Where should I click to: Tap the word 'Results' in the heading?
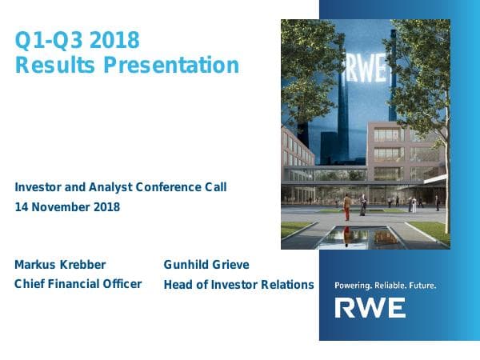(51, 65)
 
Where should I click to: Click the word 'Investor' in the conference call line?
(38, 187)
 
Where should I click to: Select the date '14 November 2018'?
(67, 207)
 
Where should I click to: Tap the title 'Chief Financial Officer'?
(78, 283)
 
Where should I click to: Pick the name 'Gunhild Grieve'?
(207, 264)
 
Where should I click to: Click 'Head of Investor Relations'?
(238, 284)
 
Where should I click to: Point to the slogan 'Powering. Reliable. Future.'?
(385, 284)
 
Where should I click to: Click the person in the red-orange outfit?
(346, 208)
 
